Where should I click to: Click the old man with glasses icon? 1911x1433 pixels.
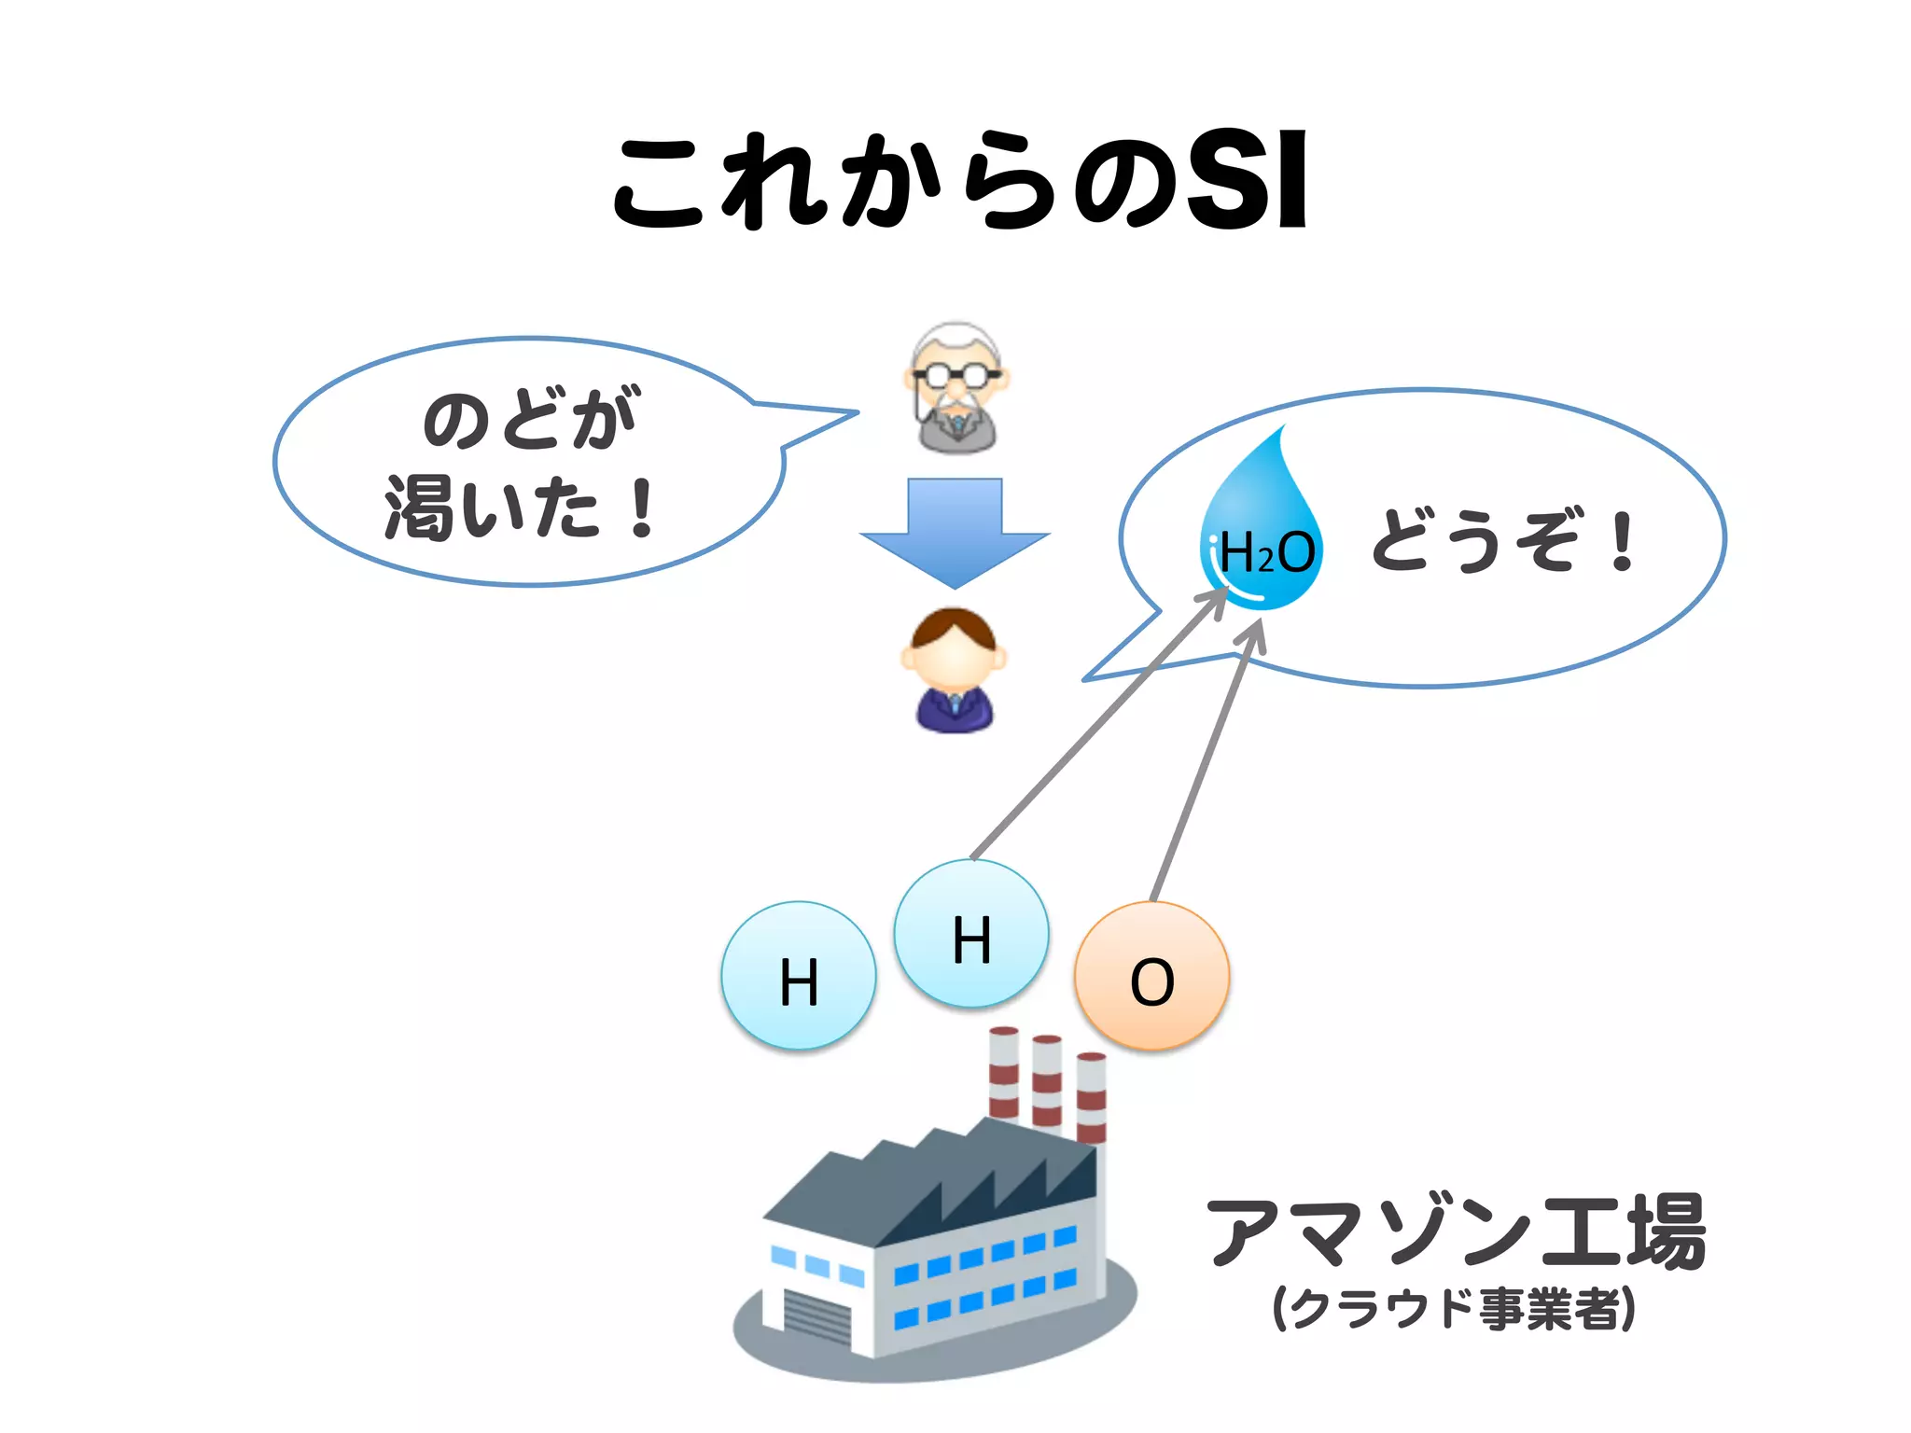[955, 388]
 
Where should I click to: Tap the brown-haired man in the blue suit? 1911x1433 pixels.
[954, 670]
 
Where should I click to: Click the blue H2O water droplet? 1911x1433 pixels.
[1262, 532]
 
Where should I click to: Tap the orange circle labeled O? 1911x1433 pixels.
[1151, 976]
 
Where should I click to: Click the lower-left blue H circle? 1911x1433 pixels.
[799, 976]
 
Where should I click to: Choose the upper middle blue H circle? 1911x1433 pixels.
[971, 934]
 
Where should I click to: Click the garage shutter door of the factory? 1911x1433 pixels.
[817, 1315]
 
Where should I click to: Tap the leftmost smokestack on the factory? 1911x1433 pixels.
[1003, 1073]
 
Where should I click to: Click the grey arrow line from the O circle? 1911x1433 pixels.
[1204, 765]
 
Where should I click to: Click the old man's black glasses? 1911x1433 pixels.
[955, 376]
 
